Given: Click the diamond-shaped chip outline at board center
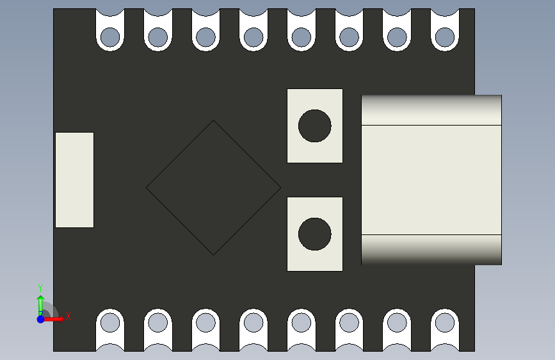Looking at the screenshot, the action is click(x=213, y=188).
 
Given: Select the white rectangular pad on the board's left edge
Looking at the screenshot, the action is click(x=74, y=180).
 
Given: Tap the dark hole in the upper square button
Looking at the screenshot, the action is click(x=315, y=126).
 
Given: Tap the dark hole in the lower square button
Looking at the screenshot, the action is click(x=315, y=234).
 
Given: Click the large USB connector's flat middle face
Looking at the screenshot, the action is click(x=431, y=180).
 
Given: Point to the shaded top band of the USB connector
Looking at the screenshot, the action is click(x=431, y=110).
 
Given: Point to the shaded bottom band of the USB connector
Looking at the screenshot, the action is click(x=431, y=249).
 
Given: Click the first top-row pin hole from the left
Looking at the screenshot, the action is click(x=110, y=37).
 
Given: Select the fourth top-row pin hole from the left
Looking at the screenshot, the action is click(x=253, y=37).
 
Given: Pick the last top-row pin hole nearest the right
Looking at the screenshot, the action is click(x=445, y=37).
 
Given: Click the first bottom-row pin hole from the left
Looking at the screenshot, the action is click(x=110, y=322).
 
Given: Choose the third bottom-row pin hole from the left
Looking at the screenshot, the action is click(x=205, y=322).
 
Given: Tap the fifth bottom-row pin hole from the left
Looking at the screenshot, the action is click(x=302, y=322).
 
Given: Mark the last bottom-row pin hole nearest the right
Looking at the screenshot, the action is click(x=445, y=322).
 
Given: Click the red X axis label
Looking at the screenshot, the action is click(x=68, y=316).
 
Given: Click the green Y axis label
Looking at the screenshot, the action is click(x=40, y=288).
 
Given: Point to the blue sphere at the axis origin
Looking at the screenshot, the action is click(x=40, y=318).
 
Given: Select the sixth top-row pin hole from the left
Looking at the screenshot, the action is click(x=349, y=37).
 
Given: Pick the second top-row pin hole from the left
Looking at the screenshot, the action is click(x=158, y=37).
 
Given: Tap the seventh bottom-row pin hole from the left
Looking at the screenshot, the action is click(x=397, y=322).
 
